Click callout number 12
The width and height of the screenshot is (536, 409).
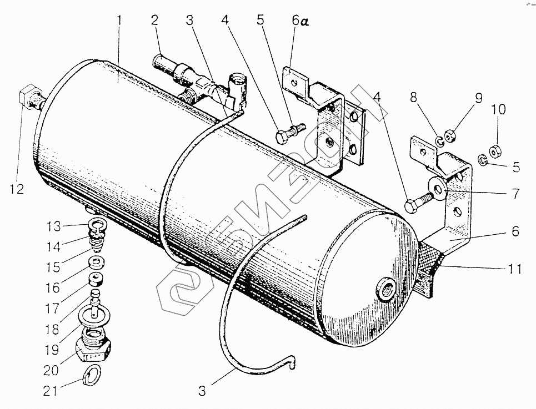click(x=17, y=189)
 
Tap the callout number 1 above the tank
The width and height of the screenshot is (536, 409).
click(x=119, y=21)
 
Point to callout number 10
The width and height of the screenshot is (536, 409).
click(x=498, y=110)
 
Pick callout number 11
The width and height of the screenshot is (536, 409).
click(x=514, y=270)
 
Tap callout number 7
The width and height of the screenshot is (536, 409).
click(x=515, y=194)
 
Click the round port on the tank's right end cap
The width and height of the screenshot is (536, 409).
click(x=384, y=287)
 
